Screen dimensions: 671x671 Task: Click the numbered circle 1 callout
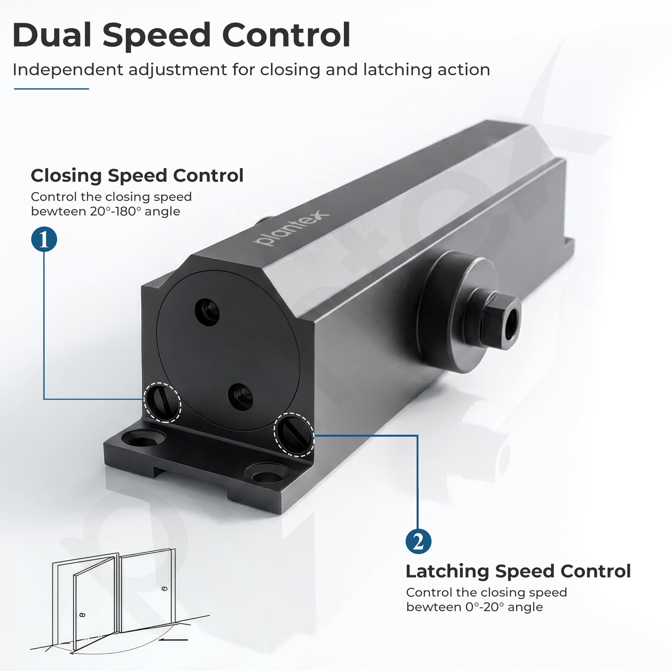(x=44, y=239)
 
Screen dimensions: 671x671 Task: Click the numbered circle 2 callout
(x=419, y=542)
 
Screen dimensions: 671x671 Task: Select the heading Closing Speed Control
(x=137, y=175)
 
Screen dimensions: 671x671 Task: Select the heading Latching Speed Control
(x=518, y=571)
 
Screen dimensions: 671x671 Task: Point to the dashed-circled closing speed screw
(x=162, y=402)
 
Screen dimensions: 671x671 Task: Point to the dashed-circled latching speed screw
(x=294, y=434)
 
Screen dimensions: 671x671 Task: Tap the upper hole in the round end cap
(x=207, y=312)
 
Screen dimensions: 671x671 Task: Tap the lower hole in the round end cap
(x=241, y=397)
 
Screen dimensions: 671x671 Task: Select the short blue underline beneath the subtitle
(x=51, y=89)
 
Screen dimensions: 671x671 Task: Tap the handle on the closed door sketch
(x=165, y=589)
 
